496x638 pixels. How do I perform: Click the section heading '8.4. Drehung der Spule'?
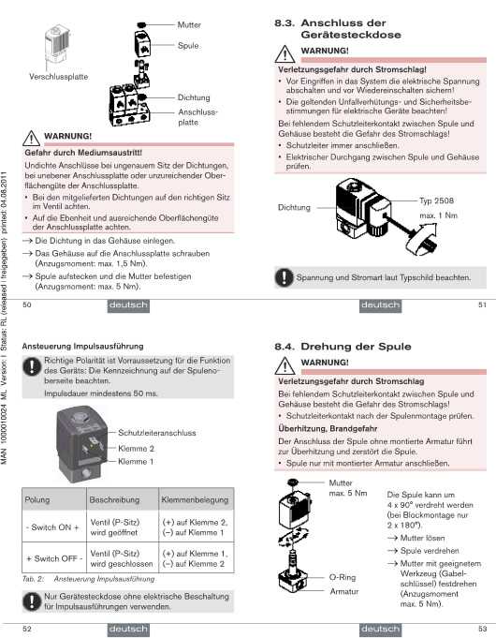point(343,347)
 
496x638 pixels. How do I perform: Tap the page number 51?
point(482,304)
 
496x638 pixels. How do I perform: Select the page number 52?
point(27,629)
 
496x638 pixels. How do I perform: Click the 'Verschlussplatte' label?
point(59,77)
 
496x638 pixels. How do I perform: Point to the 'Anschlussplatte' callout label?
point(198,117)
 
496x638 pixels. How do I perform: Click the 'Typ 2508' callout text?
point(436,200)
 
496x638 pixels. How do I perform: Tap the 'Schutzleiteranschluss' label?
point(157,433)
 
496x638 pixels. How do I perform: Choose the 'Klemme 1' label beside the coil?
point(136,462)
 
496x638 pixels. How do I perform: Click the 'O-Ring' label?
point(343,577)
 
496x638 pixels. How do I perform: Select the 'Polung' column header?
point(37,499)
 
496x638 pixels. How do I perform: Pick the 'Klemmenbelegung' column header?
point(195,499)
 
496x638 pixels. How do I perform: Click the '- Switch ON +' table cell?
point(52,527)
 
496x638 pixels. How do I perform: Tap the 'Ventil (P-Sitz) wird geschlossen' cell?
point(122,558)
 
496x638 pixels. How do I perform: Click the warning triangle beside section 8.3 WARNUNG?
point(285,53)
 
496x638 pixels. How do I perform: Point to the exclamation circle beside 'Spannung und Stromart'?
point(284,277)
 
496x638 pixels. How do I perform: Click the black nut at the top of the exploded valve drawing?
point(141,24)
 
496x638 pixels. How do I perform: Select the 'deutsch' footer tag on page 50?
point(128,306)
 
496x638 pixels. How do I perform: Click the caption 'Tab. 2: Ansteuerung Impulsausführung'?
point(88,579)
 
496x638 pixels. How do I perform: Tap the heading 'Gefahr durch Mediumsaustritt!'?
point(83,153)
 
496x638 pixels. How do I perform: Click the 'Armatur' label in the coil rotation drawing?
point(344,591)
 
